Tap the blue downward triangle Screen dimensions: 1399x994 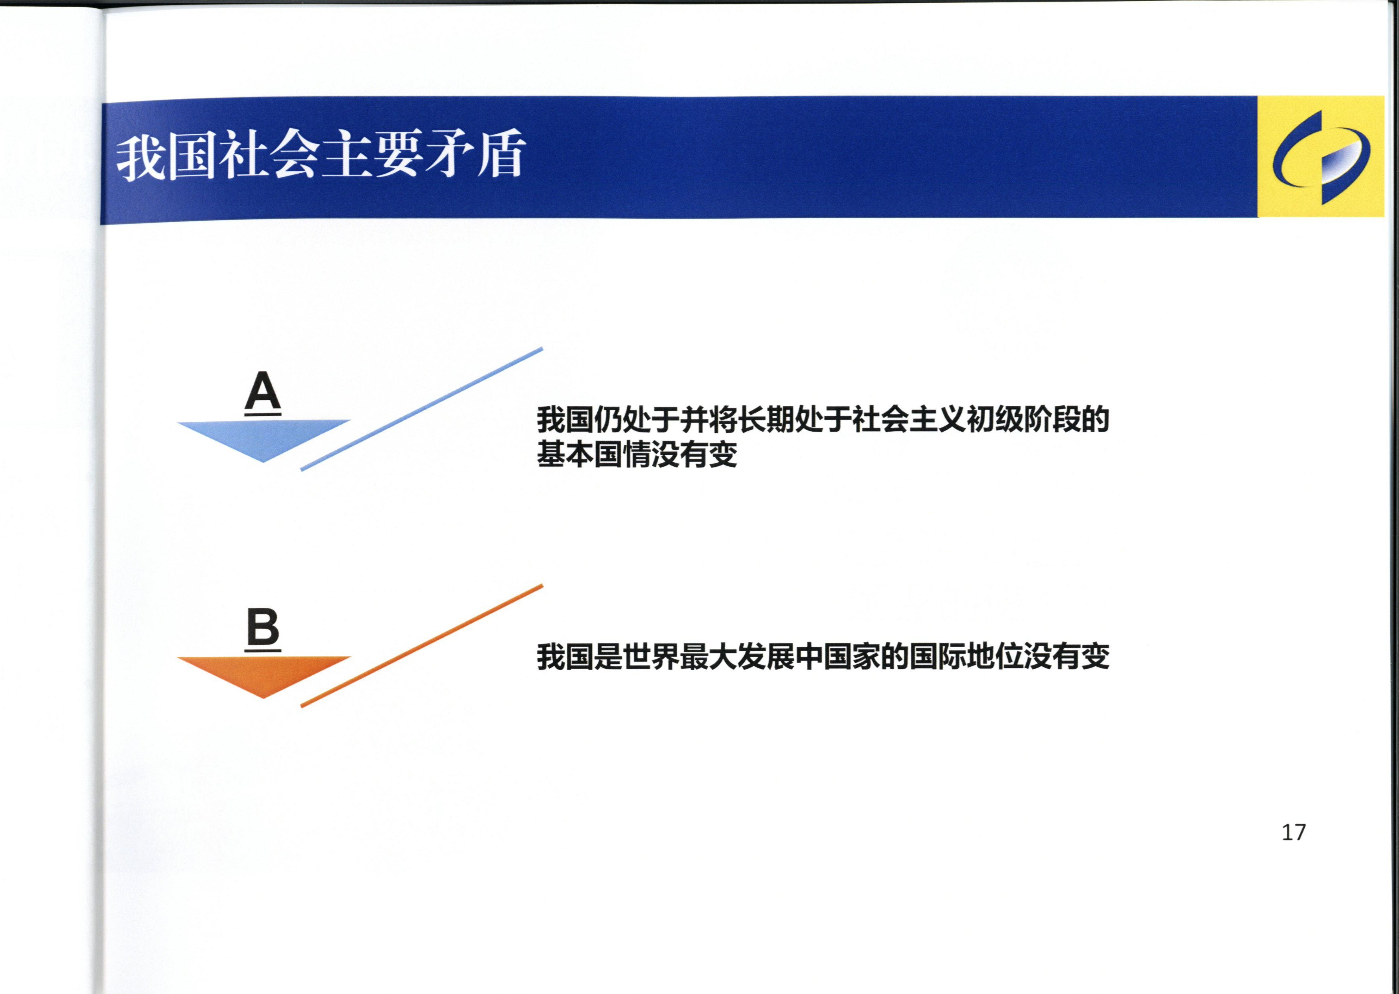click(x=264, y=441)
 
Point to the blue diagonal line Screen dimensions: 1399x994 click(x=422, y=409)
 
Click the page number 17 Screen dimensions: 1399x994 click(x=1294, y=832)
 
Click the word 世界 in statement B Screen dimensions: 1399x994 click(x=651, y=657)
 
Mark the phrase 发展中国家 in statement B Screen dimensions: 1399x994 click(x=808, y=657)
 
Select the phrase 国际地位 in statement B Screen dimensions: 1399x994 click(x=966, y=657)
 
